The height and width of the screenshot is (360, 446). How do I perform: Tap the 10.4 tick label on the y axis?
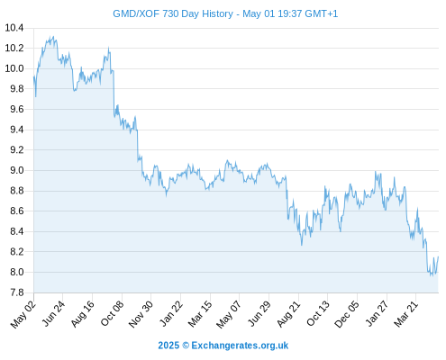[x=14, y=28]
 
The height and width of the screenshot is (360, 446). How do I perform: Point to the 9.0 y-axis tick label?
[x=17, y=170]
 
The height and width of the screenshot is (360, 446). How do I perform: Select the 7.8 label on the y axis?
[x=17, y=292]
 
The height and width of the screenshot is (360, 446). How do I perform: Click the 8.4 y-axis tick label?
[x=17, y=231]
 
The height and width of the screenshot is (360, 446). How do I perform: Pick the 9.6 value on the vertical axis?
[x=17, y=109]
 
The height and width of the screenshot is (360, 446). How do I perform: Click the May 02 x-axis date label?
[x=23, y=314]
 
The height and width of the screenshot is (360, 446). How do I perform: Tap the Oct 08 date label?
[x=112, y=314]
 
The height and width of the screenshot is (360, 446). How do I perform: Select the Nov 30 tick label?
[x=141, y=314]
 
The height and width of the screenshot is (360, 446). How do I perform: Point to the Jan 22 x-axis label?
[x=171, y=314]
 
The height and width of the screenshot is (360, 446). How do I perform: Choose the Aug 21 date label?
[x=288, y=314]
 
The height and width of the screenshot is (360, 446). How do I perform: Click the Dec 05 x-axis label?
[x=347, y=314]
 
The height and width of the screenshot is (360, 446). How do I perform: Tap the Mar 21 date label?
[x=406, y=314]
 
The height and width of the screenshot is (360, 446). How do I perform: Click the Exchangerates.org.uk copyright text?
[x=240, y=346]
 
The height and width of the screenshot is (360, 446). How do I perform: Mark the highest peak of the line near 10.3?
[x=53, y=37]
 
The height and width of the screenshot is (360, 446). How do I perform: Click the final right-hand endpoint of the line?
[x=438, y=256]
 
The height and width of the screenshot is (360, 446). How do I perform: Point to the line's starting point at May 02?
[x=33, y=76]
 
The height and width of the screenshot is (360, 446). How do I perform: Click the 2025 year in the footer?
[x=168, y=346]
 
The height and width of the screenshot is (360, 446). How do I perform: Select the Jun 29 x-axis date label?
[x=259, y=314]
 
